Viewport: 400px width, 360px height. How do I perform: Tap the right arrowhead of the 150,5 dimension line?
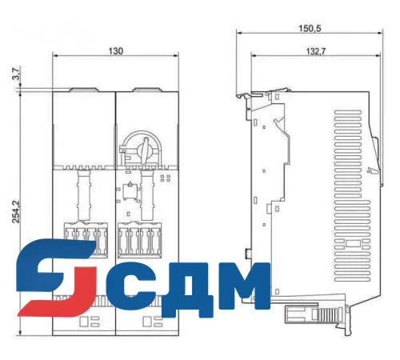click(379, 34)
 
